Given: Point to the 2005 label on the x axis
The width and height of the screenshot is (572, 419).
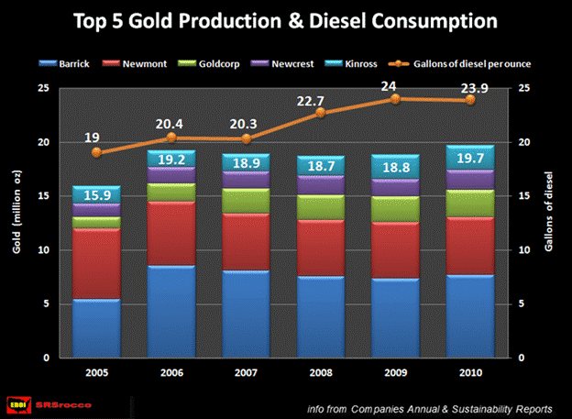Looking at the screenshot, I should (95, 374).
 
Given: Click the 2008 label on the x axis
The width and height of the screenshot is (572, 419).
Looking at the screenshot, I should (321, 374).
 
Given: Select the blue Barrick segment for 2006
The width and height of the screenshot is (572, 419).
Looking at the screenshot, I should (170, 312).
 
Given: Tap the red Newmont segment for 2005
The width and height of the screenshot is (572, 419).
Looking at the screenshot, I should (95, 263).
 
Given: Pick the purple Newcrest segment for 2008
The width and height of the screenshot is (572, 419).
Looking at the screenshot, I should (321, 184).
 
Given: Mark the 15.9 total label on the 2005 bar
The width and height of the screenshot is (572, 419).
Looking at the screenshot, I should (95, 196).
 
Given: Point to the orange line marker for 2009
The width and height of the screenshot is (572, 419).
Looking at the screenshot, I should (396, 98).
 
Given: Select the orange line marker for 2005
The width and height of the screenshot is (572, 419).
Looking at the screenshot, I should (95, 153).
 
